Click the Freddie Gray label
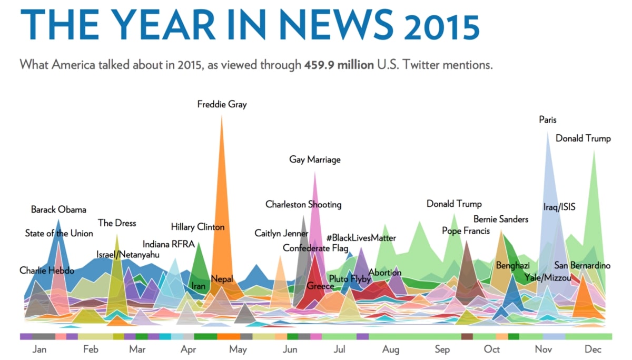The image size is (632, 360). (x=222, y=104)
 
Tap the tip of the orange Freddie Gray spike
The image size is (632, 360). (x=222, y=116)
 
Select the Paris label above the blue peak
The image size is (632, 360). (x=548, y=120)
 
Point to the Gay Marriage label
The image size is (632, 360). (x=315, y=159)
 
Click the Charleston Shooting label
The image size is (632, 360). (x=303, y=204)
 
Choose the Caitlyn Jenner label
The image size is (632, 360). (x=281, y=233)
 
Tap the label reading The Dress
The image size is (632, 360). (x=117, y=223)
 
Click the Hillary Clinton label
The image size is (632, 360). (x=197, y=227)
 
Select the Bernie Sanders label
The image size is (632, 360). (x=501, y=219)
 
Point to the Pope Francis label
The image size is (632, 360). (x=466, y=231)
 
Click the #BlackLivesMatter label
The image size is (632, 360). (x=361, y=238)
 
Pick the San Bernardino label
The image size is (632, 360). (x=582, y=265)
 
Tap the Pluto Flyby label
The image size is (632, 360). (x=350, y=279)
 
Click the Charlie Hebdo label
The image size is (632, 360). (x=47, y=271)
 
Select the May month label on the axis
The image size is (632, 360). (x=238, y=349)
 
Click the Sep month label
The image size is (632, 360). (x=442, y=349)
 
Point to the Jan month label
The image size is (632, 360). (x=39, y=349)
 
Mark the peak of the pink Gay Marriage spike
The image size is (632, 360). (x=315, y=173)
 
